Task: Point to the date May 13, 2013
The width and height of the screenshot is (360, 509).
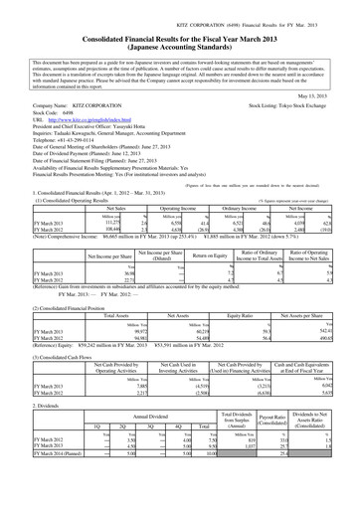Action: tap(335, 96)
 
